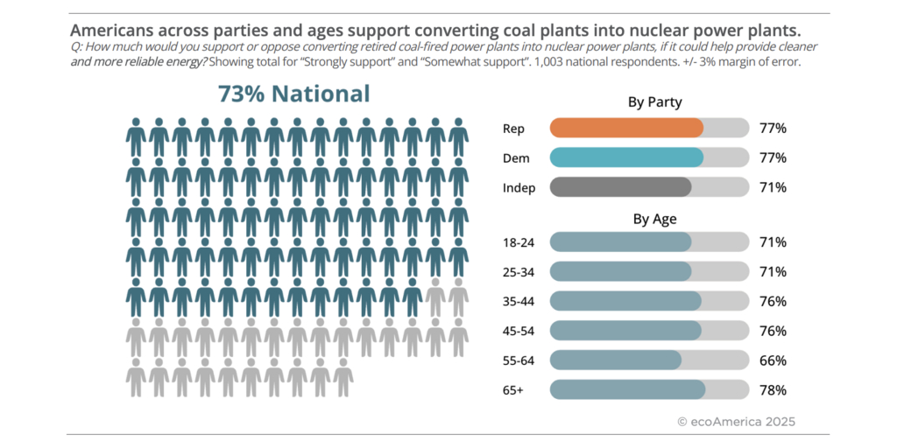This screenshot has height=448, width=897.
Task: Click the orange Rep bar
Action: [626, 128]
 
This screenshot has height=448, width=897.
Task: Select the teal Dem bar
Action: [626, 157]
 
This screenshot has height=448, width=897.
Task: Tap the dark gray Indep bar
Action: [620, 187]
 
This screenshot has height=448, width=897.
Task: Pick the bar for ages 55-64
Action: [615, 360]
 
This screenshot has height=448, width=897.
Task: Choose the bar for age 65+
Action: [627, 390]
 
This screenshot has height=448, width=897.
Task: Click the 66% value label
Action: [773, 360]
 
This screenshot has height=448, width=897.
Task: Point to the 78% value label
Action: [773, 390]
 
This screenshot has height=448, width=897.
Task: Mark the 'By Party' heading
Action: [654, 102]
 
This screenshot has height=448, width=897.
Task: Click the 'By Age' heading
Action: [654, 219]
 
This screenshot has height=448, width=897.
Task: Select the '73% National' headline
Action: [293, 94]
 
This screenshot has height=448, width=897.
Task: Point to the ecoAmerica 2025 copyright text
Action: [736, 422]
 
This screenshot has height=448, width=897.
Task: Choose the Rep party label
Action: [513, 129]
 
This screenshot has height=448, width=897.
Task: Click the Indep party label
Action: [518, 188]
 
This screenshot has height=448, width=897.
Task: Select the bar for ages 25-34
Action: [620, 272]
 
